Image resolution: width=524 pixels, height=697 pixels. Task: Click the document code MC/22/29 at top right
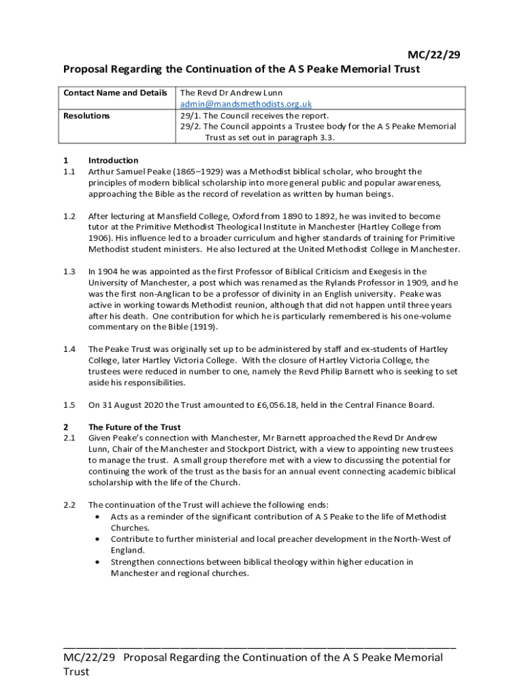pos(433,55)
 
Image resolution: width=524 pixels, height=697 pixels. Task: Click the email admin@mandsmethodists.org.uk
pos(246,104)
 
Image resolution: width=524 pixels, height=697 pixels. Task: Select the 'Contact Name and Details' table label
pos(115,93)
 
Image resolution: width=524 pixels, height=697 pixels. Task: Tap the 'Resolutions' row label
pos(86,116)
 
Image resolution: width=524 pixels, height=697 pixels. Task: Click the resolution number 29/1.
pos(190,116)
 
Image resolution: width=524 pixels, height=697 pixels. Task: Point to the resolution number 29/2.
pos(190,126)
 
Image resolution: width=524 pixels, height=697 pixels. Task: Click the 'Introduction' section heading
pos(113,161)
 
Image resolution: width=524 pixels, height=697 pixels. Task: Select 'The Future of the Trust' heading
pos(134,427)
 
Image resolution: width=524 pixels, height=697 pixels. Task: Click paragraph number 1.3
pos(69,272)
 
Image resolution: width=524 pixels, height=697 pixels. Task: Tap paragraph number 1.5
pos(69,405)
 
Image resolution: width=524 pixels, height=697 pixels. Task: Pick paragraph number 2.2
pos(69,505)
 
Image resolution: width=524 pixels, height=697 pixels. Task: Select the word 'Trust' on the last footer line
pos(76,672)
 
